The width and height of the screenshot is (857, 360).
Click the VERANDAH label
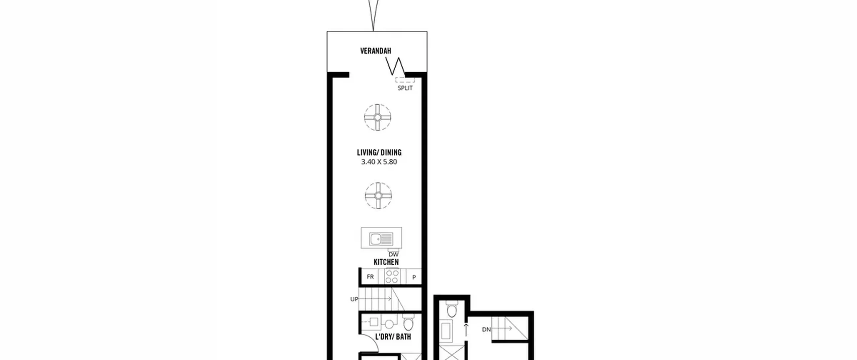pos(376,51)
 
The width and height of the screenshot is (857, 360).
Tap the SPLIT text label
pos(405,88)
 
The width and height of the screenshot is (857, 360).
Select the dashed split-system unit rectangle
pos(405,80)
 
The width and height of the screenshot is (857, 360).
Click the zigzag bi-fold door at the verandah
pos(395,66)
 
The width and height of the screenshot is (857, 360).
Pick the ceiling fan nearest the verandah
pos(378,117)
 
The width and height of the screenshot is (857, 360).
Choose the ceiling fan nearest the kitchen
pos(378,196)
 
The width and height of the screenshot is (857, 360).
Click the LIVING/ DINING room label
pos(379,152)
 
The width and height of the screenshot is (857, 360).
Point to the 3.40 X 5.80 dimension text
pos(379,162)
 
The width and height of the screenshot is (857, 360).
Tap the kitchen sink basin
pos(377,239)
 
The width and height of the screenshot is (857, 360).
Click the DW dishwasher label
pos(393,255)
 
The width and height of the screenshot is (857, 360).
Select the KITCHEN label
pos(386,262)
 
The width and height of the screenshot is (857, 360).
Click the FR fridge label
pos(370,277)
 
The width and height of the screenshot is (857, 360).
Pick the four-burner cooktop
pos(392,277)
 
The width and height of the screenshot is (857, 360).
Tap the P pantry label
pos(414,277)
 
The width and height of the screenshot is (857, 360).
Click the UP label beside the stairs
pos(354,299)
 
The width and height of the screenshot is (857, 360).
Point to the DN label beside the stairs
pos(486,330)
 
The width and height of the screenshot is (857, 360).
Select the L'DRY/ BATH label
pos(393,337)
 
